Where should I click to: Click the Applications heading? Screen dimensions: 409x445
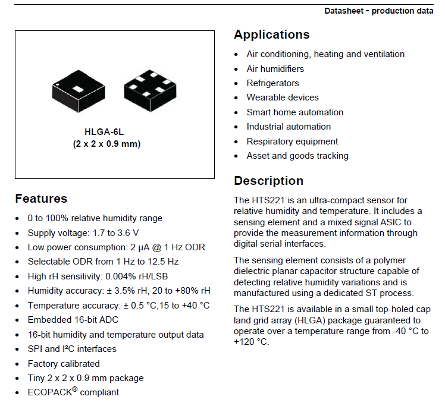click(271, 34)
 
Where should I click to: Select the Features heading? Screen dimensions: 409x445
click(41, 199)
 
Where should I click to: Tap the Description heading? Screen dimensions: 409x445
click(268, 181)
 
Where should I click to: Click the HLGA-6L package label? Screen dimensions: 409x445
click(107, 133)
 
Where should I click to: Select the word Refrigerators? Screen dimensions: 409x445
click(272, 83)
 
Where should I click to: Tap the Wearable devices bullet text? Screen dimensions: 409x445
click(283, 97)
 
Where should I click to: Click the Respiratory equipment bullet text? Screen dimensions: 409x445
click(292, 141)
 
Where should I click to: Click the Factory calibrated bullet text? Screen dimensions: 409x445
click(64, 363)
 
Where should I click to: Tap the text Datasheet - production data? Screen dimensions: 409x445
click(378, 11)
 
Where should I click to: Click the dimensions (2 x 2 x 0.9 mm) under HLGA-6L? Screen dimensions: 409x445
click(107, 144)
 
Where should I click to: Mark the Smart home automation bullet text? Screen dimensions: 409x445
click(294, 112)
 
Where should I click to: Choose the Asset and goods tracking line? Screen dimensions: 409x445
click(297, 156)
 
